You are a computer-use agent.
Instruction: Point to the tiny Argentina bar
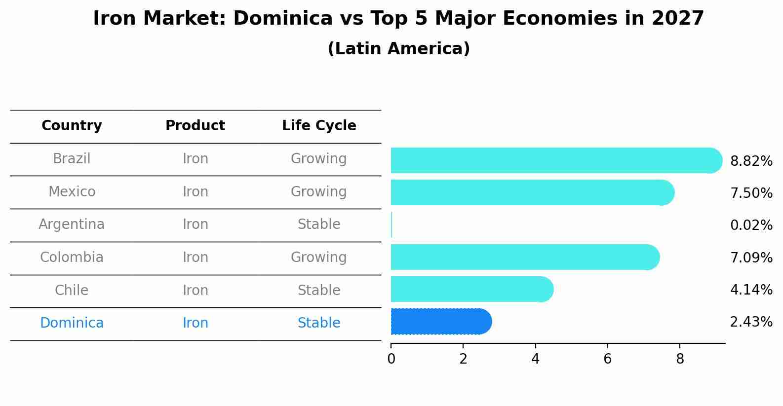pyautogui.click(x=391, y=225)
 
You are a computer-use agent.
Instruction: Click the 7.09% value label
pyautogui.click(x=751, y=258)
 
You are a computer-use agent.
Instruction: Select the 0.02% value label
pyautogui.click(x=751, y=225)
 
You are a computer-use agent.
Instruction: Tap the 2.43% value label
pyautogui.click(x=751, y=322)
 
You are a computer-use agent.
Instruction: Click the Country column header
pyautogui.click(x=72, y=126)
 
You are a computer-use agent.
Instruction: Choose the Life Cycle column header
pyautogui.click(x=319, y=126)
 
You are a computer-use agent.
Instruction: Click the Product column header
pyautogui.click(x=195, y=126)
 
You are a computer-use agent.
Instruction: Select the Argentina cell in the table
pyautogui.click(x=72, y=224)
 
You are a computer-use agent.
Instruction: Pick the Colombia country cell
pyautogui.click(x=72, y=258)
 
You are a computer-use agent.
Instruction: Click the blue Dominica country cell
pyautogui.click(x=72, y=323)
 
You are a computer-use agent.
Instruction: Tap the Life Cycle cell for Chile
pyautogui.click(x=319, y=291)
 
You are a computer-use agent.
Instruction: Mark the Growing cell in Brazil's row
pyautogui.click(x=319, y=159)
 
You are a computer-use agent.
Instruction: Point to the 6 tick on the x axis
pyautogui.click(x=607, y=359)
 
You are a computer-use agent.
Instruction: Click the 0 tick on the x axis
pyautogui.click(x=391, y=359)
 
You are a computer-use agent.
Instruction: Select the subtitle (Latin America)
pyautogui.click(x=398, y=49)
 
